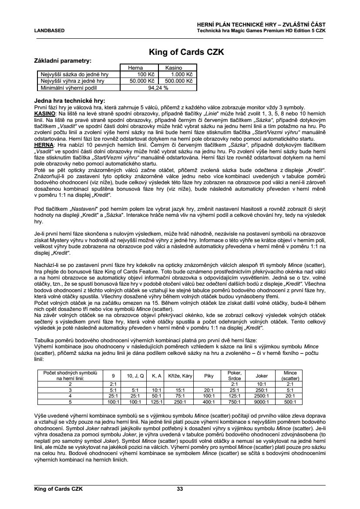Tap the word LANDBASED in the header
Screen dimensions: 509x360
[50, 31]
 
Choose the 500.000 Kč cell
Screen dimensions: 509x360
[178, 81]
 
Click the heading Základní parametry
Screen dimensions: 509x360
[63, 61]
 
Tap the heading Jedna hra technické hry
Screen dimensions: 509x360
[69, 100]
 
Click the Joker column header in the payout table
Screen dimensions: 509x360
[261, 376]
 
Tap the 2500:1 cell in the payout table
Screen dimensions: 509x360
[261, 396]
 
